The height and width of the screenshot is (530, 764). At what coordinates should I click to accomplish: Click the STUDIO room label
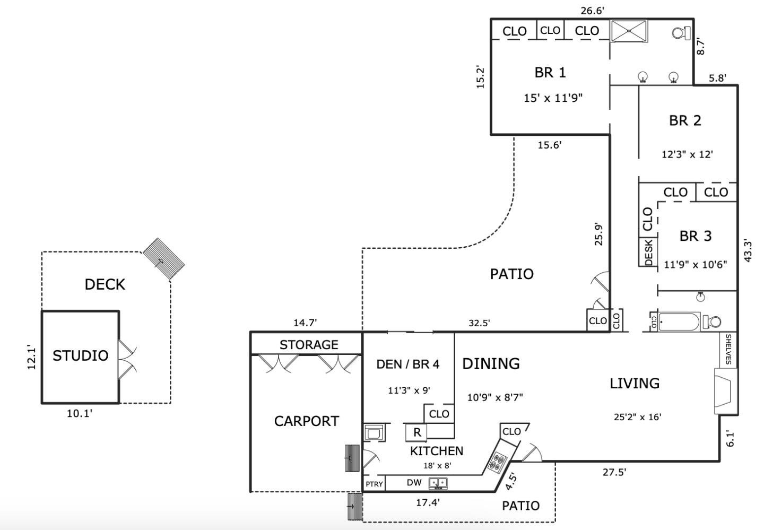(80, 355)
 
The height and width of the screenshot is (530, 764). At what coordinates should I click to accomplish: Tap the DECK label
(105, 284)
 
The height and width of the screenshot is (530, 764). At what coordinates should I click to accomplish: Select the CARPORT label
(306, 421)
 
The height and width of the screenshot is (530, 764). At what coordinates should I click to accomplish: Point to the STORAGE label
(309, 345)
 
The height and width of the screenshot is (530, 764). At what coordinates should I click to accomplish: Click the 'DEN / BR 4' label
(407, 364)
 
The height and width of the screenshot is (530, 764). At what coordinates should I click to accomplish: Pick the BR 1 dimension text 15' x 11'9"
(553, 98)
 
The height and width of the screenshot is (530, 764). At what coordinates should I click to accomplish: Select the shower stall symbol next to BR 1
(629, 31)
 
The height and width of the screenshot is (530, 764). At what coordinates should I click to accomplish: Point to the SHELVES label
(728, 350)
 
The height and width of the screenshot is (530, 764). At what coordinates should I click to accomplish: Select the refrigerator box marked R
(417, 432)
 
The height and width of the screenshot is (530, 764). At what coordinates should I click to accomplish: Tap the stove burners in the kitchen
(499, 463)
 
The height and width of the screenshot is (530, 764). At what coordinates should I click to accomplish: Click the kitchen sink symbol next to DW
(438, 483)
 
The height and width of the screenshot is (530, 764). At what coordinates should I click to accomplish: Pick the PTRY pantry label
(374, 484)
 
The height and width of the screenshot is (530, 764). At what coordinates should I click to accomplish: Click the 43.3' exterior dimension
(748, 251)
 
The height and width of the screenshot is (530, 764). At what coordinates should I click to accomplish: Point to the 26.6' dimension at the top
(592, 10)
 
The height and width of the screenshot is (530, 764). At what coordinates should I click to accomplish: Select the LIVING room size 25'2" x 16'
(637, 417)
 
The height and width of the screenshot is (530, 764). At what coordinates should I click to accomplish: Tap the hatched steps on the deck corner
(164, 258)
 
